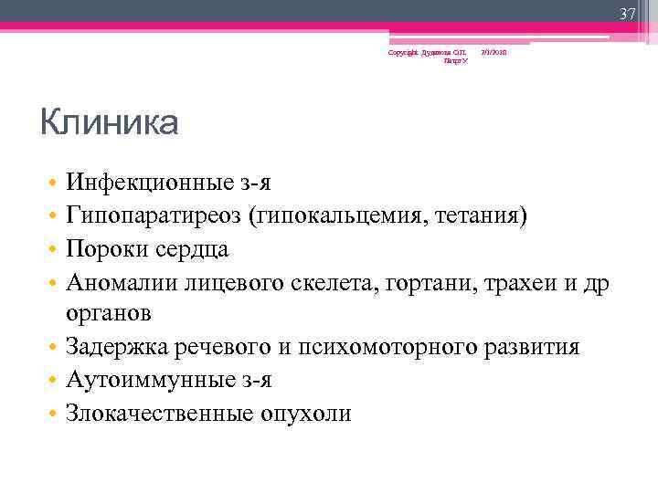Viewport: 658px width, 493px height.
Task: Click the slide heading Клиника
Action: tap(110, 122)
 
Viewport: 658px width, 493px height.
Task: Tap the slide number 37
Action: tap(627, 15)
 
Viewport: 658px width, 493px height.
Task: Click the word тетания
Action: tap(478, 215)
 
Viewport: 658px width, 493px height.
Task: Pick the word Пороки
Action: tap(101, 248)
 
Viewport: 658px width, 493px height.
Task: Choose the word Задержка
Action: tap(112, 347)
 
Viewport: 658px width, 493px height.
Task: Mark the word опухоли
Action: tap(307, 413)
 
